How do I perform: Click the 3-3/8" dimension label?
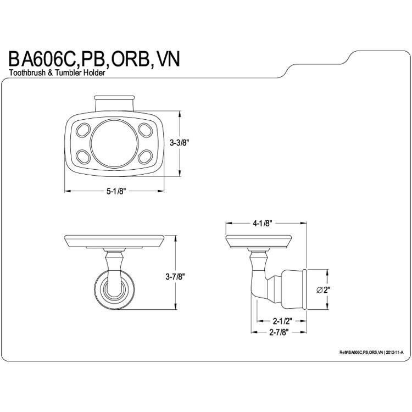click(x=179, y=143)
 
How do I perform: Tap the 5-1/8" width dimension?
click(x=115, y=191)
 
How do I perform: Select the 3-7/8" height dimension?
click(x=175, y=276)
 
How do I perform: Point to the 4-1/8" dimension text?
click(x=261, y=224)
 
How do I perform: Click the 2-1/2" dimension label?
click(x=282, y=321)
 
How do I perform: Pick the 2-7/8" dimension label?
click(x=279, y=332)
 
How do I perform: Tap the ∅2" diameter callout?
click(x=323, y=290)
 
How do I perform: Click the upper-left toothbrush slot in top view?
click(x=83, y=130)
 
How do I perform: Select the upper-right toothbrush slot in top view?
click(x=146, y=130)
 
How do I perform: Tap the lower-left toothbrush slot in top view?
click(x=83, y=157)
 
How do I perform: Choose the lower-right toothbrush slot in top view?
click(x=146, y=157)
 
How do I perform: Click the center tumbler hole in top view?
click(x=114, y=143)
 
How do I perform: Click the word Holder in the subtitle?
click(x=94, y=73)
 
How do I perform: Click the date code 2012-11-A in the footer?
click(x=394, y=353)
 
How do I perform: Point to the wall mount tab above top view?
click(x=115, y=103)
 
